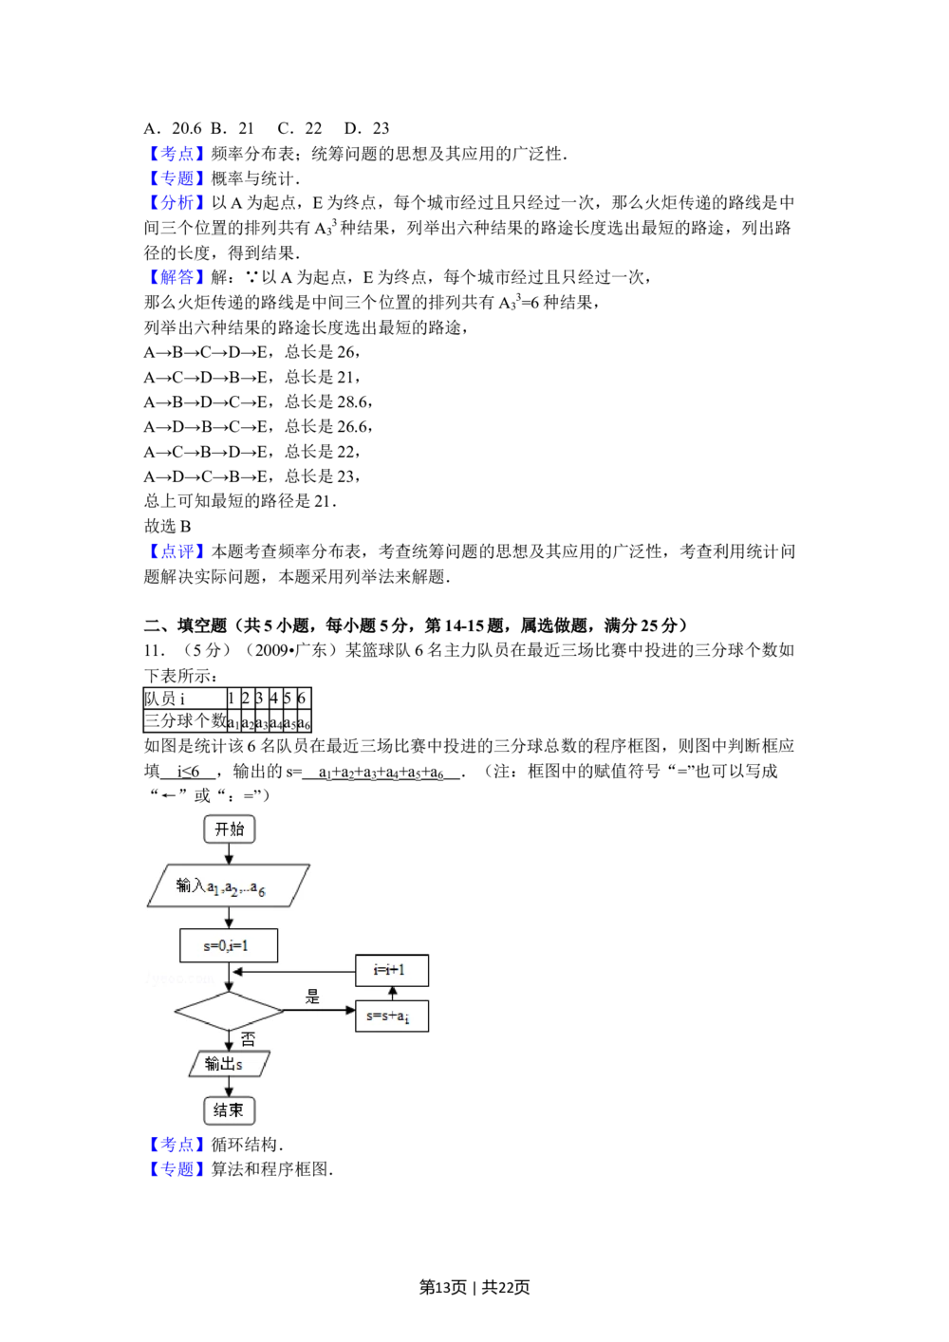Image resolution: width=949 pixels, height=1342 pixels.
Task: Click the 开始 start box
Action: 230,829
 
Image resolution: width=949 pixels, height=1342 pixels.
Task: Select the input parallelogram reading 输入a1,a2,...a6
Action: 230,885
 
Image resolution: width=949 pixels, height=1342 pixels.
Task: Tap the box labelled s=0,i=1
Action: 229,945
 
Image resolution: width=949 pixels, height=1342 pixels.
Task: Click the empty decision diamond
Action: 229,1012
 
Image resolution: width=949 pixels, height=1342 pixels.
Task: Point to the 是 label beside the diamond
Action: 312,997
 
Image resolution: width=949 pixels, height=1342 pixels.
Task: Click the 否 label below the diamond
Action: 248,1040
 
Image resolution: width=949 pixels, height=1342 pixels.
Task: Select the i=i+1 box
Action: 392,970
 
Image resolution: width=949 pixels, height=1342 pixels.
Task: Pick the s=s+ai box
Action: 392,1016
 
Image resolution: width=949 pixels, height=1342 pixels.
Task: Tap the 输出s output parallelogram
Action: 229,1064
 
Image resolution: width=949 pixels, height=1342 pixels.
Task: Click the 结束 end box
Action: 229,1110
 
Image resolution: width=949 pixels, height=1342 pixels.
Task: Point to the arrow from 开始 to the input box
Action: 229,853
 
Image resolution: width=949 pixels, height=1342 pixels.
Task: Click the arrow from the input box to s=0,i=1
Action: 229,918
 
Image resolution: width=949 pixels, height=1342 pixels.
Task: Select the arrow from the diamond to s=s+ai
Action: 320,1011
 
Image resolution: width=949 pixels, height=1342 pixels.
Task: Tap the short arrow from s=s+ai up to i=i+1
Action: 393,993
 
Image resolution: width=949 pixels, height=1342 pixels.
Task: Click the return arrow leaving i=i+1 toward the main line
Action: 294,972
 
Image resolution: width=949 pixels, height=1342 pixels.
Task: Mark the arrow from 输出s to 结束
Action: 229,1087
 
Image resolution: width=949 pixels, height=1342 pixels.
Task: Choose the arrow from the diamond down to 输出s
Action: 229,1040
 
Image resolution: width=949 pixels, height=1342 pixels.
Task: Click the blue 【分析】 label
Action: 176,202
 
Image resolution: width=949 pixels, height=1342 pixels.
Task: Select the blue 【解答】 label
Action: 176,277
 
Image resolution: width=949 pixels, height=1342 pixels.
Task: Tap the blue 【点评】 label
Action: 176,550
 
